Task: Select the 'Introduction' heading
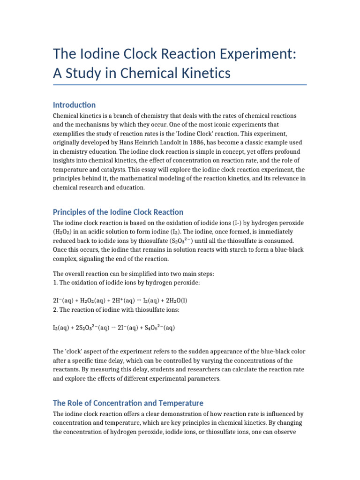point(74,105)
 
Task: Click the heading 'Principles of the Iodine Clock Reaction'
point(118,212)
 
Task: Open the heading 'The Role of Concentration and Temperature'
point(128,403)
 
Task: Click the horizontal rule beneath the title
point(180,85)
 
